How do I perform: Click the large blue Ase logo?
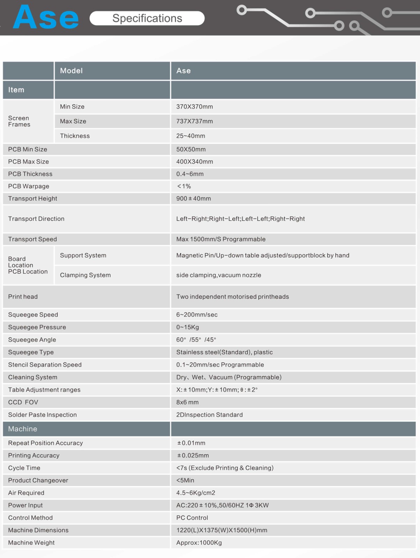point(46,17)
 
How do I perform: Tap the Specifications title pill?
point(147,18)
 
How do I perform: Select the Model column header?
point(71,71)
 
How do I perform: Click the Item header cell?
point(16,90)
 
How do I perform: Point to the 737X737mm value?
point(194,121)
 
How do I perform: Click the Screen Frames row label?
point(19,121)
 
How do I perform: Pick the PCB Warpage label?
point(29,186)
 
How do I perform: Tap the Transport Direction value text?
point(240,219)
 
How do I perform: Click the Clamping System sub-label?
point(85,275)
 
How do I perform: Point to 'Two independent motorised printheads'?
point(232,297)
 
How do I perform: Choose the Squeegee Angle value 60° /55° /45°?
point(196,340)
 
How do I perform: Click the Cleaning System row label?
point(33,377)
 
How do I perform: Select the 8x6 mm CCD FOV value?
point(188,402)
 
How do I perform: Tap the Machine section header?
point(23,429)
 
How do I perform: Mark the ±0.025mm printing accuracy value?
point(193,455)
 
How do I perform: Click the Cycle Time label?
point(24,468)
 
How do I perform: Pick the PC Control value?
point(192,518)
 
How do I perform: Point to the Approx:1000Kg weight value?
point(199,543)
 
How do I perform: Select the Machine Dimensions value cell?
point(222,530)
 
